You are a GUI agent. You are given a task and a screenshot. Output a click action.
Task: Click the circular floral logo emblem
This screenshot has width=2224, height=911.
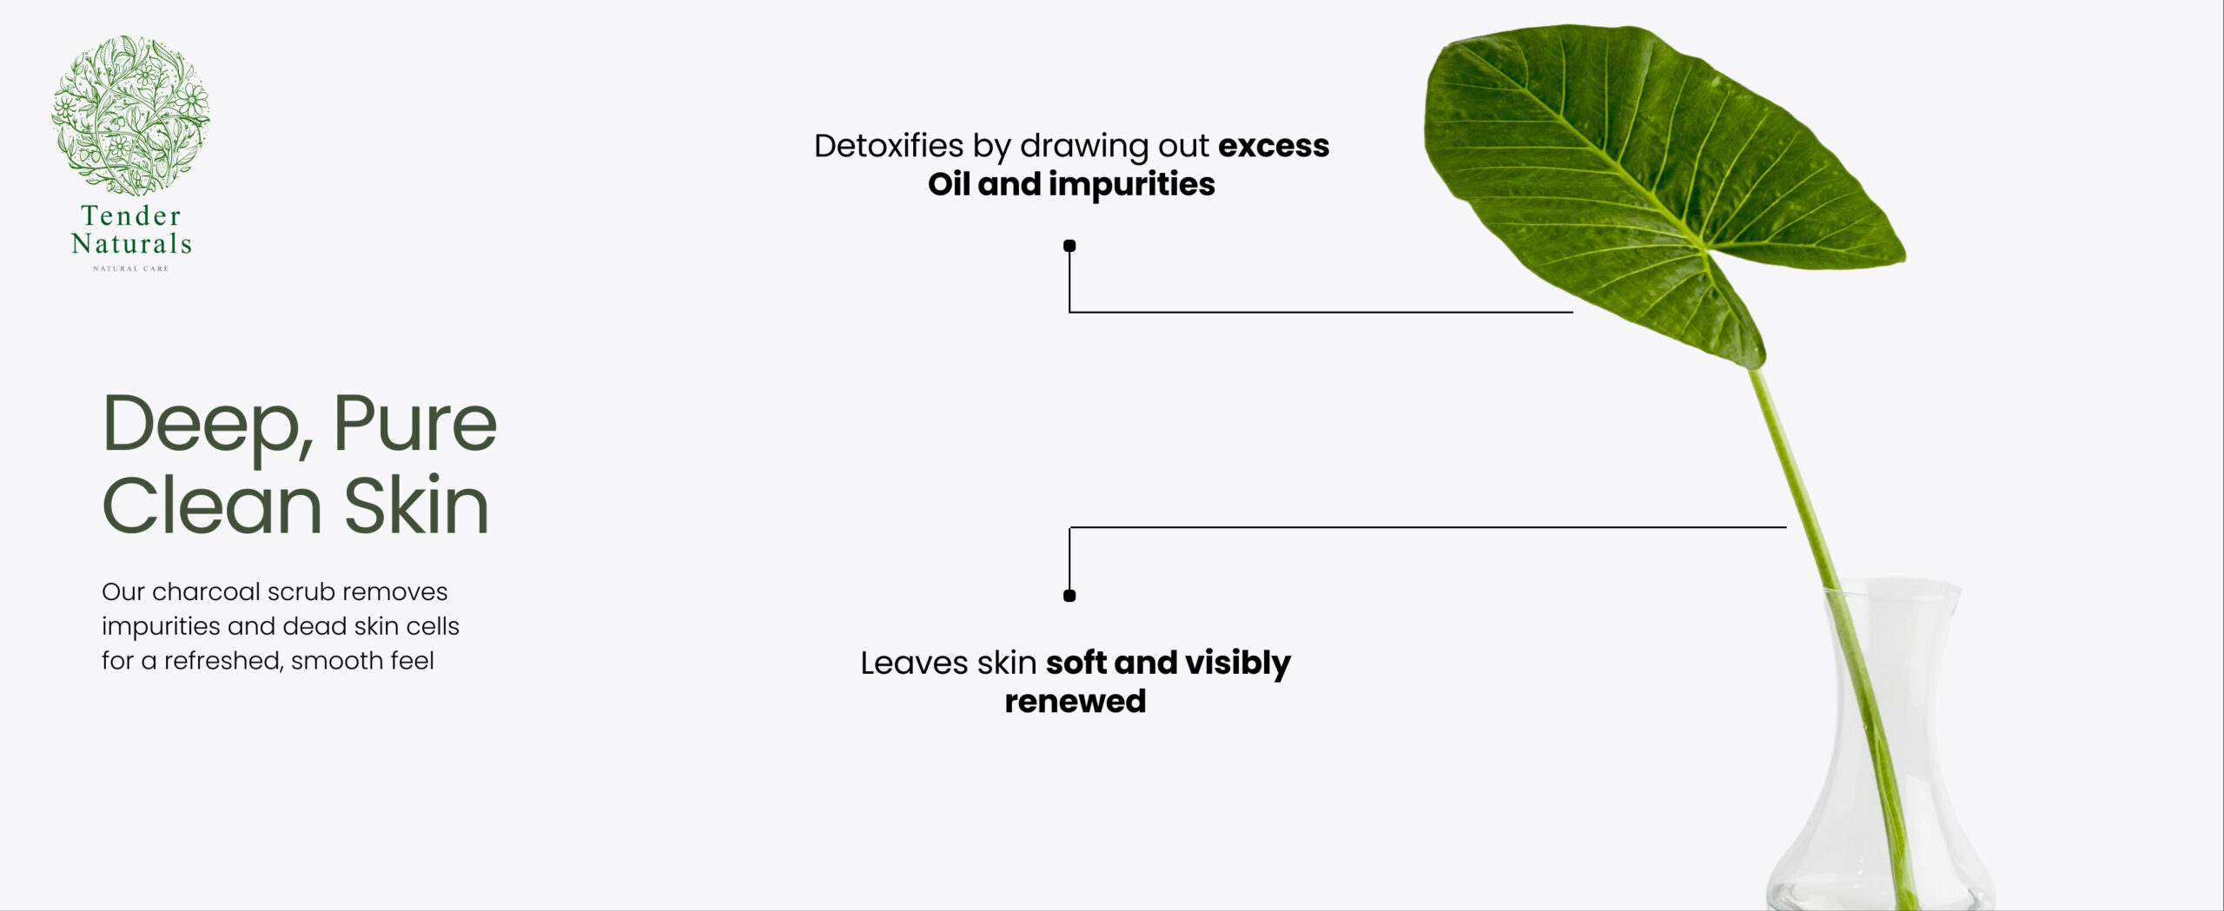130,115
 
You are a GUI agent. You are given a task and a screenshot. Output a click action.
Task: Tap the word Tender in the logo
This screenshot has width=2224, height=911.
131,215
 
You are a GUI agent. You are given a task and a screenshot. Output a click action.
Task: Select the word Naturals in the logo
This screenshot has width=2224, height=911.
131,243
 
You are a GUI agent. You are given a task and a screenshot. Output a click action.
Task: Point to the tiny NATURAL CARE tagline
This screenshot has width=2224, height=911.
131,268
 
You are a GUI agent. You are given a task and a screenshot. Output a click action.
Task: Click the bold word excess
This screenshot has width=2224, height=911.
1274,147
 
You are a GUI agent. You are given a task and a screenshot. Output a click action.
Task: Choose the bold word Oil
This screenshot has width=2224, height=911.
949,184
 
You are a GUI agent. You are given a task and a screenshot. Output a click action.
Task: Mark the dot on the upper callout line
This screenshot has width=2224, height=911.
1069,246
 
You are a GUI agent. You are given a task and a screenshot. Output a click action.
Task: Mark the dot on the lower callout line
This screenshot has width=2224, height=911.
1069,596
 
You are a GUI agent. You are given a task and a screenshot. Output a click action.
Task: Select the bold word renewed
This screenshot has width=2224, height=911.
1076,702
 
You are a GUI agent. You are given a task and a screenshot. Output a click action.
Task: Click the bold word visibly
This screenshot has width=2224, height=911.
1238,664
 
